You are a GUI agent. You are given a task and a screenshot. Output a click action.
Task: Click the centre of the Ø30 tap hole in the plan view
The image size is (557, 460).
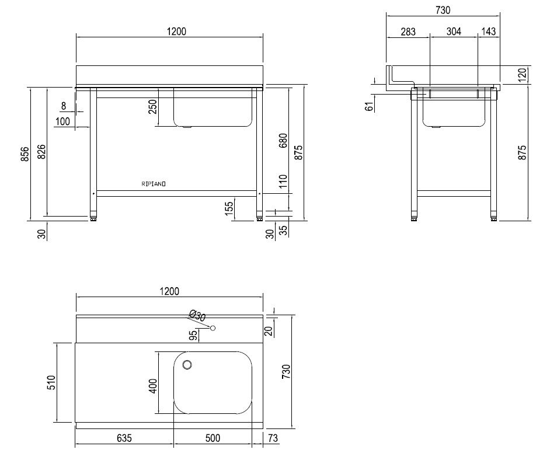[213, 328]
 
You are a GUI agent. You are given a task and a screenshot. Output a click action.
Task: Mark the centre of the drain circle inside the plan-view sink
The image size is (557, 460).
[187, 364]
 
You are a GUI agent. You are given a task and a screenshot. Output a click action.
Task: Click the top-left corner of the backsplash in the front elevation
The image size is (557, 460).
[76, 66]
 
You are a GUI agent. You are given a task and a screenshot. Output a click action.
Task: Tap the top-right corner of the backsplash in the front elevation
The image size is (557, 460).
[263, 66]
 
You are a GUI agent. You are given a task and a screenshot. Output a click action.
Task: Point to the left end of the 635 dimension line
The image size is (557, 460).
[75, 444]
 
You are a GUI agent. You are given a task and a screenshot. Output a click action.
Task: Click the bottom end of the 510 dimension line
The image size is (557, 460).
[57, 422]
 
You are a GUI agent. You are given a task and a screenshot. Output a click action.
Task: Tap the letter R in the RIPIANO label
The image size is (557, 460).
[143, 184]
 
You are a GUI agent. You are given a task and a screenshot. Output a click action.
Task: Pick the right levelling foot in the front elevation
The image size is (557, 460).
[260, 218]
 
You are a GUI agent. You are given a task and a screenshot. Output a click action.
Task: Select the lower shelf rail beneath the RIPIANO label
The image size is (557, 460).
[176, 194]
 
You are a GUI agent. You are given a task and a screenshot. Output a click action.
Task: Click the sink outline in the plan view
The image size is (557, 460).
[213, 382]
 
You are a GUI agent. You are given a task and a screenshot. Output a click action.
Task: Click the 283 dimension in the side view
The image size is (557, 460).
[408, 32]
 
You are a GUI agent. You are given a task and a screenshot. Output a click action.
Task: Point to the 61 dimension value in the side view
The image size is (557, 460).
[370, 106]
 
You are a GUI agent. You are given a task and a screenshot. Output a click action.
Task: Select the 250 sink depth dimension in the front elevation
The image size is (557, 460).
[152, 107]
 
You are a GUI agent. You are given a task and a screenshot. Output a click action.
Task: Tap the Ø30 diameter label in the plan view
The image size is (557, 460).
[197, 315]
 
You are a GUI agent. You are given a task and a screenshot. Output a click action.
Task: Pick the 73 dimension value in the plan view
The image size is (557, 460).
[273, 438]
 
